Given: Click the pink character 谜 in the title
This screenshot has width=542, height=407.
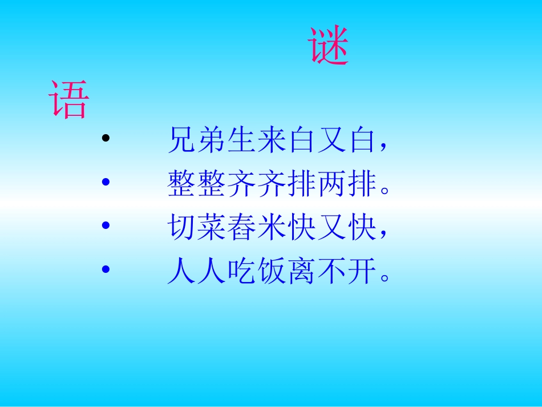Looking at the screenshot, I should point(329,46).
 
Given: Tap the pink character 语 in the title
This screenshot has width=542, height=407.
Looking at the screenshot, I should point(69,100).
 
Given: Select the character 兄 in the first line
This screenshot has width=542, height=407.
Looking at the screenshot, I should point(183,140).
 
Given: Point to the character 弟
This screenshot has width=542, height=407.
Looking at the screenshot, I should point(213,140).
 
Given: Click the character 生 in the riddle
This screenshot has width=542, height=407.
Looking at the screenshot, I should point(243,140).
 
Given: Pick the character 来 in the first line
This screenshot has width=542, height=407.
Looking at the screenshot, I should point(273,140).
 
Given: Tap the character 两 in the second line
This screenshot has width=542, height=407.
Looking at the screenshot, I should point(334,185).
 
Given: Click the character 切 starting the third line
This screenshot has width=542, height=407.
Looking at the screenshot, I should point(183,229).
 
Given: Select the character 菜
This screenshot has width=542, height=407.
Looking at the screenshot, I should point(213,229).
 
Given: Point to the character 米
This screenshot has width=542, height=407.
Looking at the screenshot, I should point(273,229).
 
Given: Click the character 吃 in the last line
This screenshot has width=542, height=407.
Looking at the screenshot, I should point(243,272).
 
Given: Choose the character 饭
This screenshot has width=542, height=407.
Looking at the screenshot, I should point(273,272).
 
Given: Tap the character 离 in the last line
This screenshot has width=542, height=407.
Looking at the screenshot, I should point(304,272).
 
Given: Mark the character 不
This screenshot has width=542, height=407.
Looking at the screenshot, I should point(334,272).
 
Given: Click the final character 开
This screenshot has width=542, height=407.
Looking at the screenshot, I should point(364,272).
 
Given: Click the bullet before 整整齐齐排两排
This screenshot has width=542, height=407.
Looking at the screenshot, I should point(104,182).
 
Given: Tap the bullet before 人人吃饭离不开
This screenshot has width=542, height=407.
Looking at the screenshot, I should point(104,269).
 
